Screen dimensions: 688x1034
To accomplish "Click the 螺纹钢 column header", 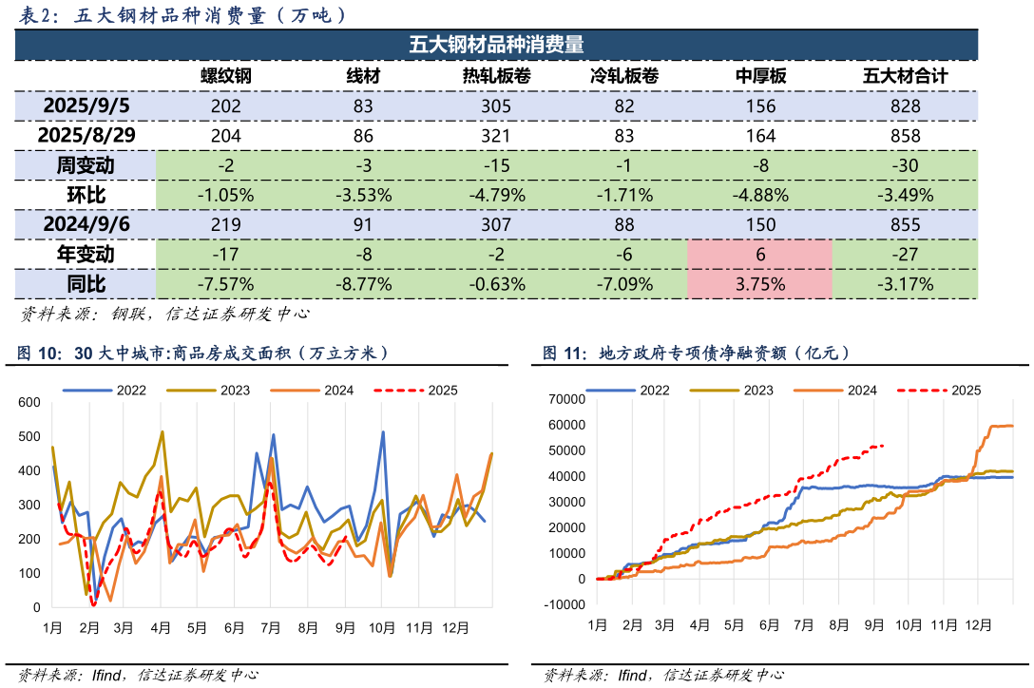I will pos(225,77).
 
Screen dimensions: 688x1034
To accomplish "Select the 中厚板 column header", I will pos(761,77).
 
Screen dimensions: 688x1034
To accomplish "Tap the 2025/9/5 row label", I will pos(86,105).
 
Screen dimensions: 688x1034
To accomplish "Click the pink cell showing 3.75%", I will pos(759,283).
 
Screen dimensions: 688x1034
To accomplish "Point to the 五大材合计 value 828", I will pos(906,106).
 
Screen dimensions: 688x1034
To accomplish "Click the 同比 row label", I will pos(86,283).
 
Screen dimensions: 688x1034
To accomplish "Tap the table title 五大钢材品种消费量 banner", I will pos(495,45).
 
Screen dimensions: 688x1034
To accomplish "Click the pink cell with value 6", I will pos(760,254).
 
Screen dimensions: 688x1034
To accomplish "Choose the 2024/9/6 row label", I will pos(86,224).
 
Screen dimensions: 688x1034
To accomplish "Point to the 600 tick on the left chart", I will pos(30,403).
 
